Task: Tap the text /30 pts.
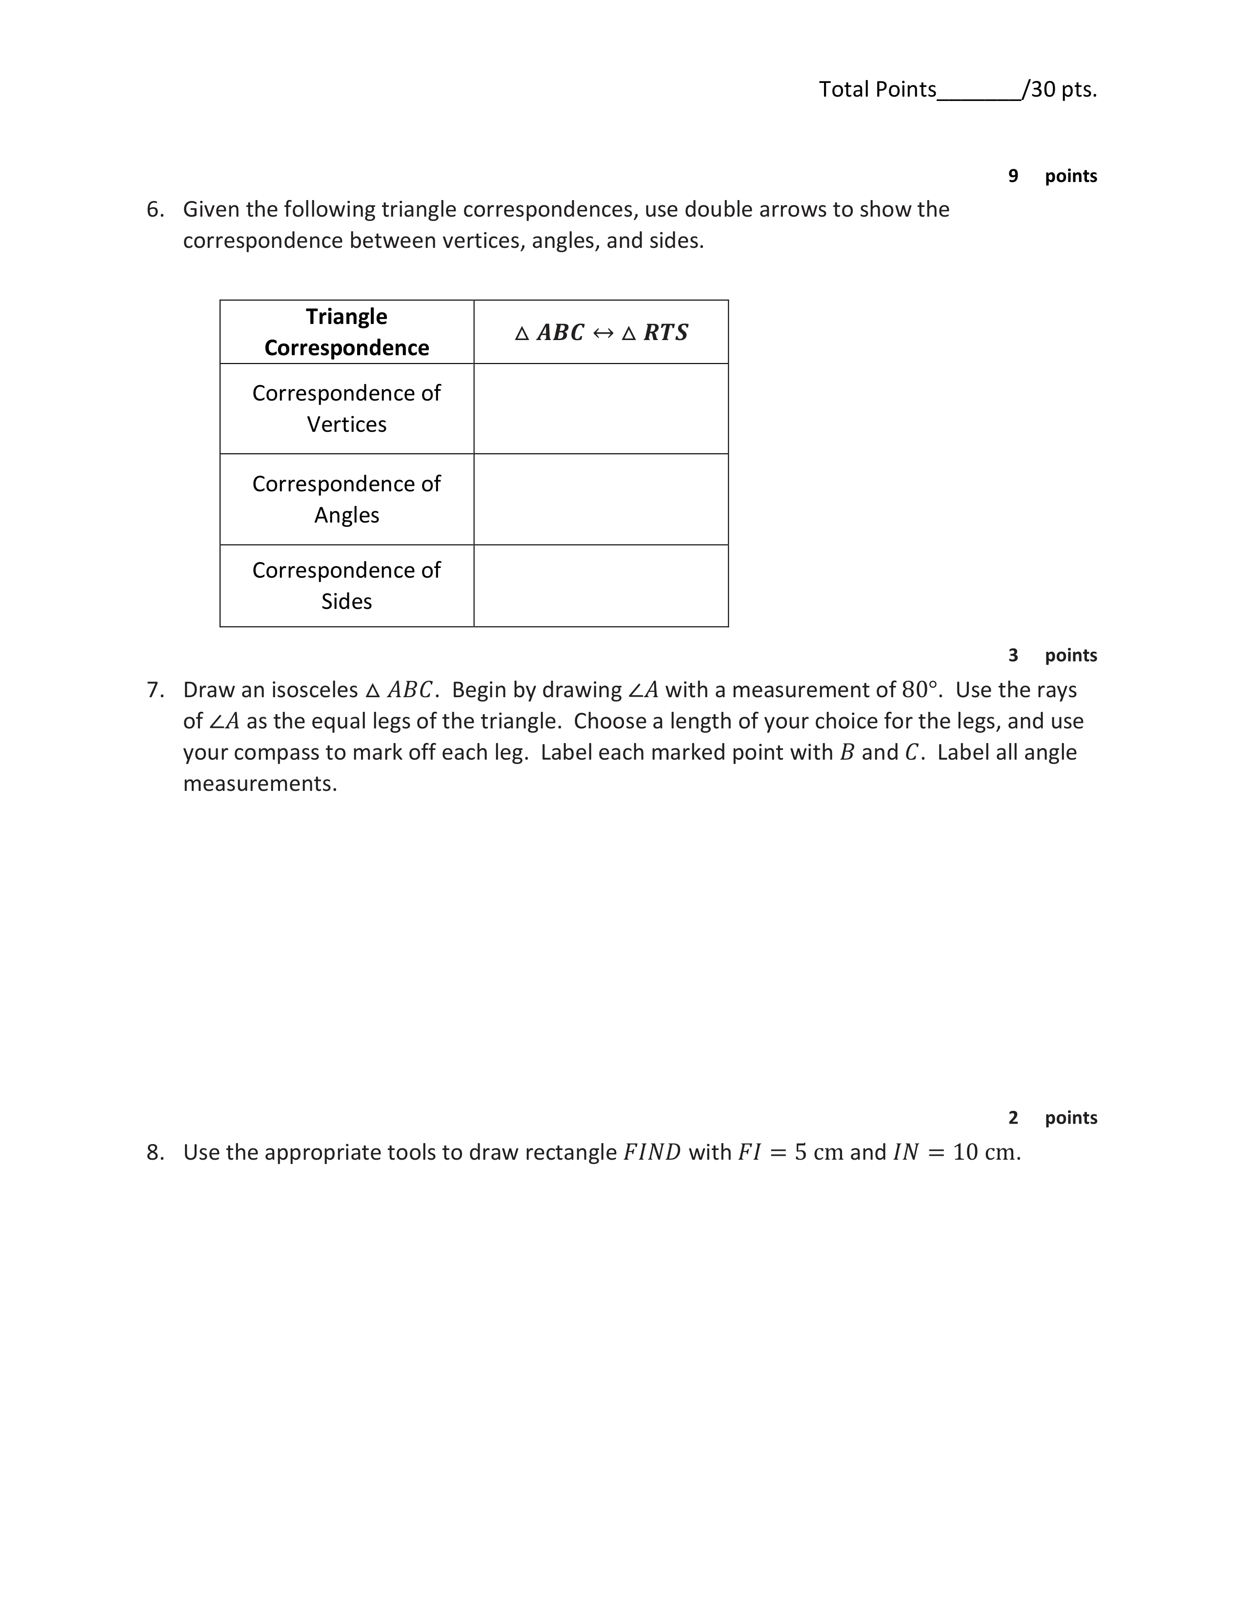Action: coord(1061,89)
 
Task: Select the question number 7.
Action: coord(154,690)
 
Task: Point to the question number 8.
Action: coord(154,1152)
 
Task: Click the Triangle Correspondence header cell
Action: coord(346,332)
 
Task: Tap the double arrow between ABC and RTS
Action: coord(603,333)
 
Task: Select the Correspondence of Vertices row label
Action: coord(346,408)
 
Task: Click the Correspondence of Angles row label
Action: coord(346,499)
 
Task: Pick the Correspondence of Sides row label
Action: coord(346,585)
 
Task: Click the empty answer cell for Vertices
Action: coord(601,408)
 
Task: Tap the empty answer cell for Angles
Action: coord(601,499)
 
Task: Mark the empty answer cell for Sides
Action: coord(601,585)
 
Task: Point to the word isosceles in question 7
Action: coord(314,690)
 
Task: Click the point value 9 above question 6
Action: coord(1013,176)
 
